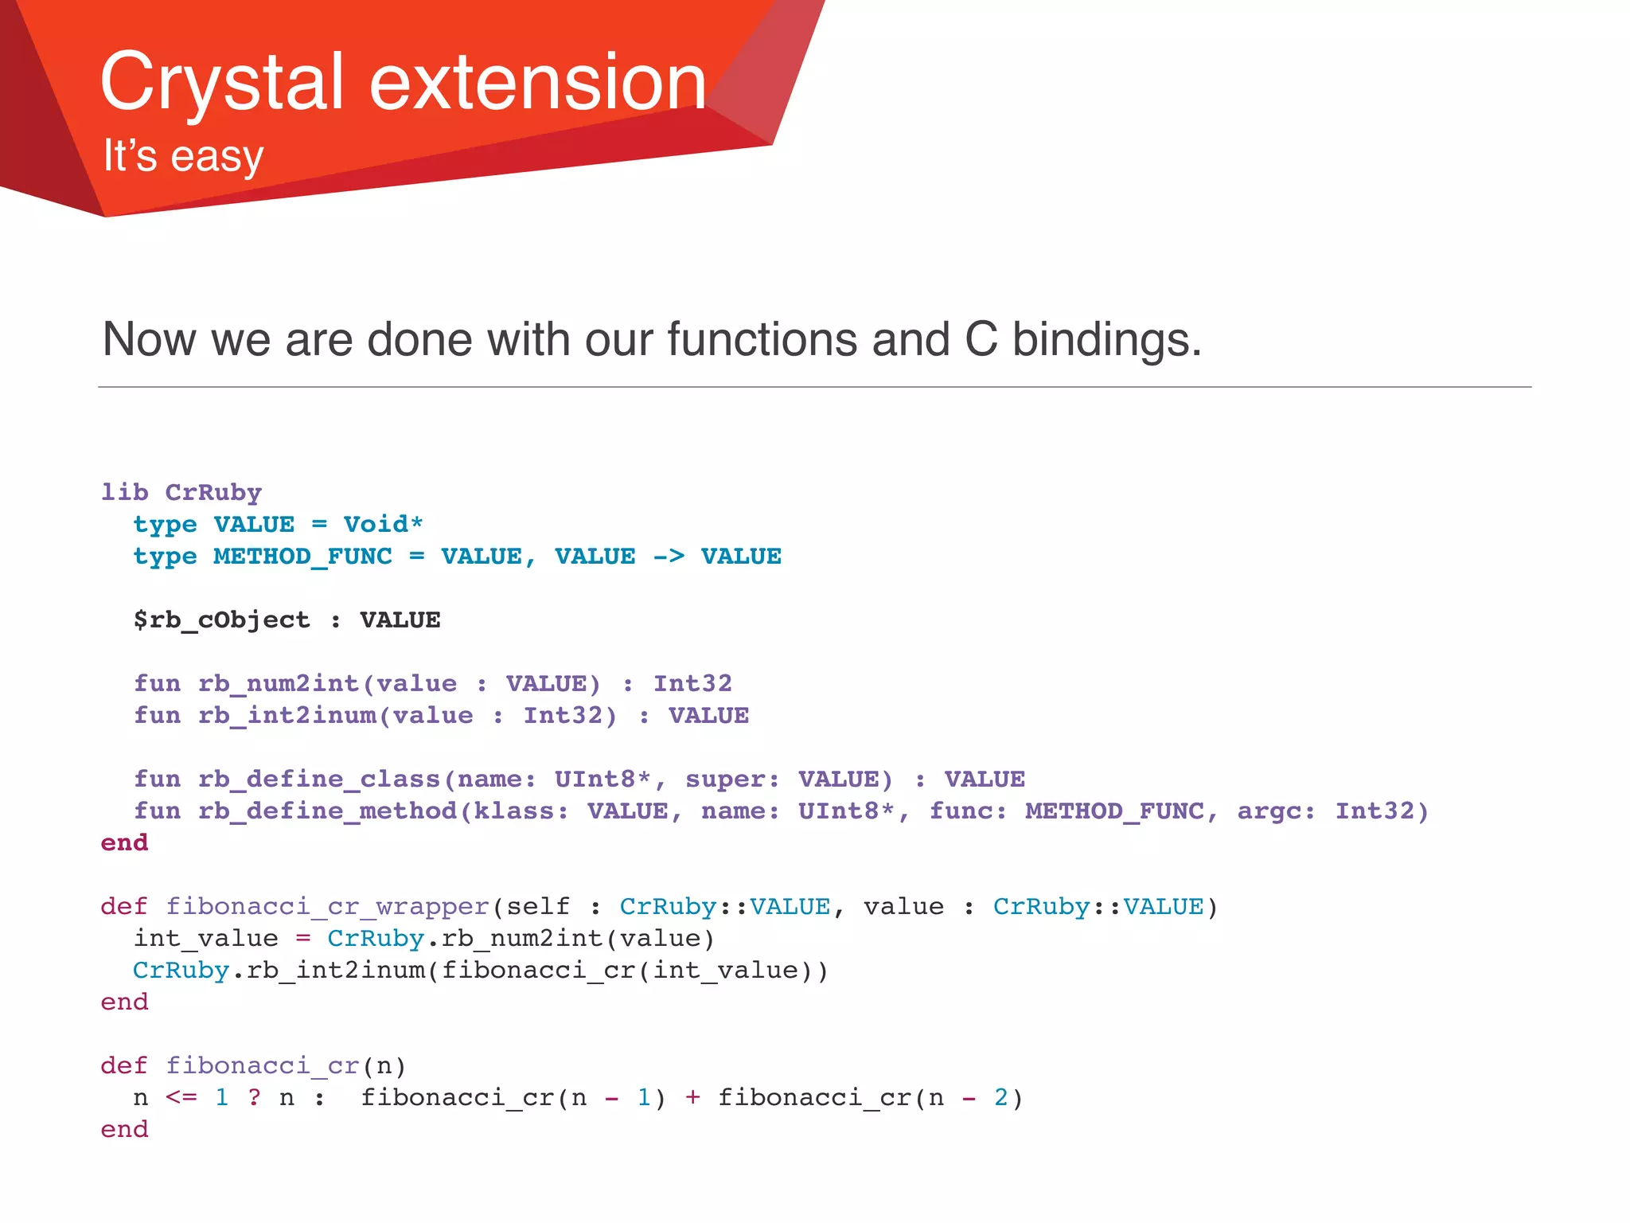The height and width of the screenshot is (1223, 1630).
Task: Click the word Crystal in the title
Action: pos(221,82)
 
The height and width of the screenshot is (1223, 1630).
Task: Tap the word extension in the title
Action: pos(538,82)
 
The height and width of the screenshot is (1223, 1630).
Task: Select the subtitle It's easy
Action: pos(183,155)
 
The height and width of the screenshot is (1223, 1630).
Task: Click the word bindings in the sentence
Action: pos(1106,339)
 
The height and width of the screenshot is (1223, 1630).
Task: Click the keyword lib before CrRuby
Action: pos(125,492)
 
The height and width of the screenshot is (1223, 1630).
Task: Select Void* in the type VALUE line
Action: pos(383,524)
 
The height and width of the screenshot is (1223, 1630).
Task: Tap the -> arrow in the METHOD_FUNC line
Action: pos(669,556)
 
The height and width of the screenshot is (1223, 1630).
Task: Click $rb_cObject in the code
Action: pos(221,619)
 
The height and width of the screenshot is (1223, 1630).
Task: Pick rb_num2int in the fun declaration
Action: pos(278,683)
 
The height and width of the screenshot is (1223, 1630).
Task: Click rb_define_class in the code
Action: pos(319,779)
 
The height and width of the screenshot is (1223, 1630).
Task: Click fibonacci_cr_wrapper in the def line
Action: pos(327,906)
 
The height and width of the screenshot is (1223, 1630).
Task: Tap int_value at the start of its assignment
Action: pos(205,938)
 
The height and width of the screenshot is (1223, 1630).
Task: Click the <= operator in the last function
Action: pos(181,1097)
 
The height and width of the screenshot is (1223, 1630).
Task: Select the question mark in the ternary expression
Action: pos(254,1097)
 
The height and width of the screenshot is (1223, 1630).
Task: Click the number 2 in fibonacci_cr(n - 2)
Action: pos(1001,1097)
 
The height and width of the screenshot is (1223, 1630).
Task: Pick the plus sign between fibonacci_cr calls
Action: pos(692,1097)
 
